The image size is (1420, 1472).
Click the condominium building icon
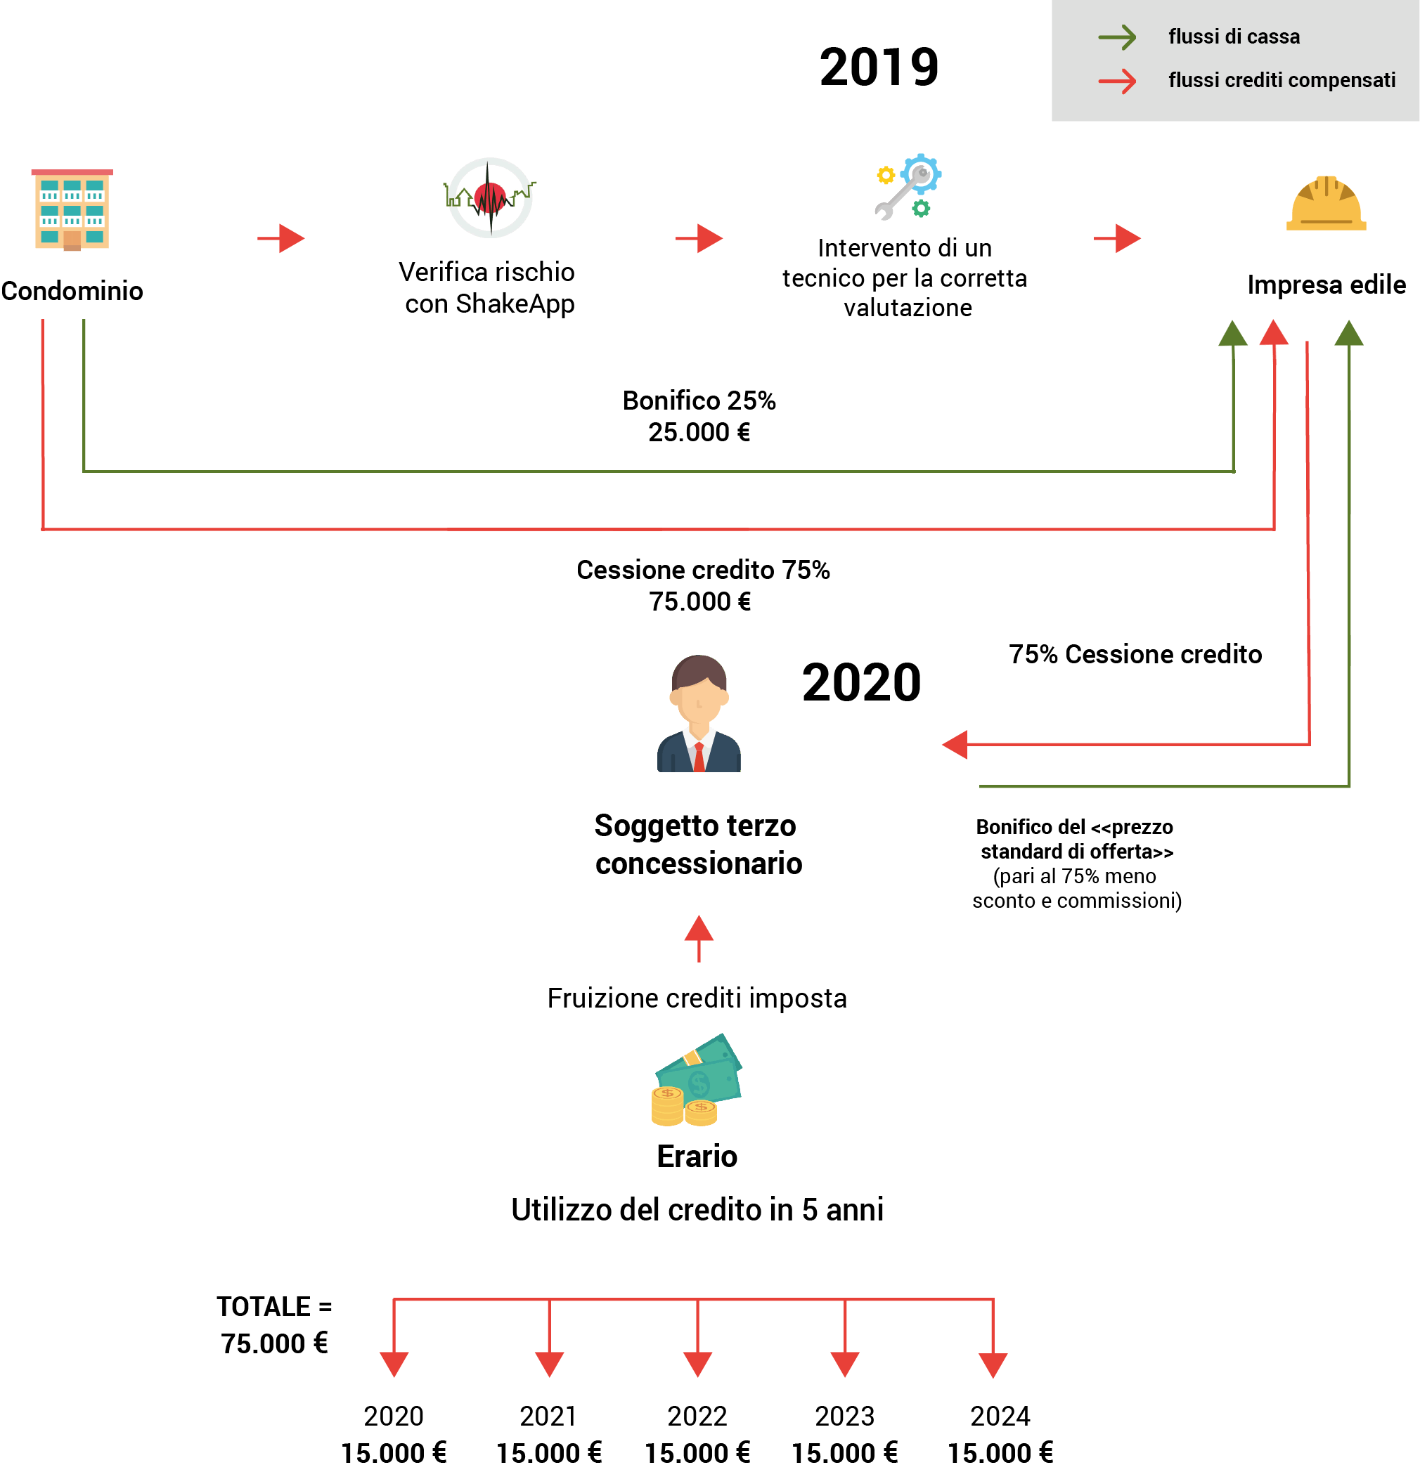tap(72, 209)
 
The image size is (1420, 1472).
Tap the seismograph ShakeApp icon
tap(490, 198)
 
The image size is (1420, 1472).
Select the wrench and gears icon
tap(908, 187)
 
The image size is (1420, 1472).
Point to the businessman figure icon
tap(699, 713)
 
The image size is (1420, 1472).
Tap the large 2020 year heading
tap(861, 683)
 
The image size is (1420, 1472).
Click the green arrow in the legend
tap(1117, 37)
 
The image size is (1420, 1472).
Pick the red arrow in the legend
tap(1117, 80)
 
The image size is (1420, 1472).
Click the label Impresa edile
tap(1326, 285)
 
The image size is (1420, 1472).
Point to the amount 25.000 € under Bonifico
tap(699, 433)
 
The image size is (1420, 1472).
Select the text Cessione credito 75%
tap(702, 570)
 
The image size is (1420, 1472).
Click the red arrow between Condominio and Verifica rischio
tap(282, 239)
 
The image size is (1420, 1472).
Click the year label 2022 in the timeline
tap(697, 1416)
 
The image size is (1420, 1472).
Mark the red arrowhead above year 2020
tap(394, 1364)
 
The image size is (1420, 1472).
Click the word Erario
tap(697, 1157)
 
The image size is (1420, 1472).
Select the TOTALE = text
tap(274, 1307)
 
